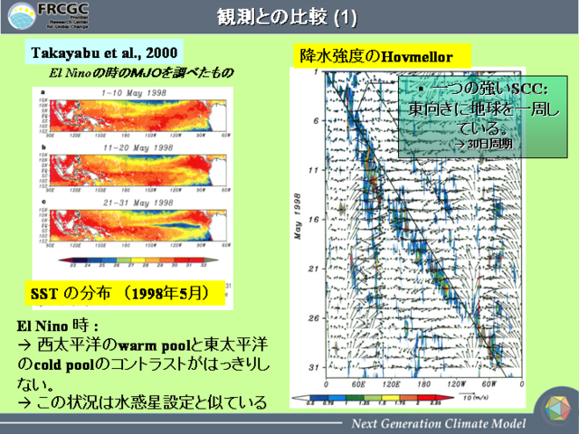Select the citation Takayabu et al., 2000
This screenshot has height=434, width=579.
tap(104, 52)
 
